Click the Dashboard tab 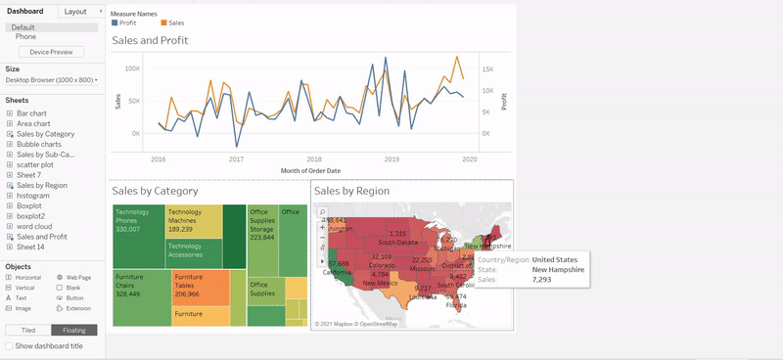click(25, 11)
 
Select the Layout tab click(74, 11)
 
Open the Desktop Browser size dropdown click(51, 80)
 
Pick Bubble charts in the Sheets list click(38, 144)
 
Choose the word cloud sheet click(34, 226)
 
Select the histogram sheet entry click(33, 195)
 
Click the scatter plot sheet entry click(36, 164)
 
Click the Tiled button click(28, 331)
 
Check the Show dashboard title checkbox click(10, 345)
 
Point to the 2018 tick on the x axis click(313, 158)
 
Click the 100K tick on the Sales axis click(132, 69)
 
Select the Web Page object click(77, 278)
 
